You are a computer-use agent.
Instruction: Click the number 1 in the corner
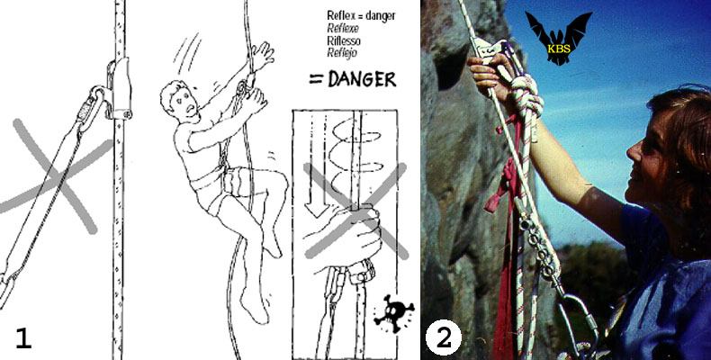click(x=23, y=338)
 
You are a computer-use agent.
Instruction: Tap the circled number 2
click(x=444, y=337)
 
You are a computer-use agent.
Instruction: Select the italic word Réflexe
click(x=343, y=28)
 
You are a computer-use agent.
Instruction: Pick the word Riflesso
click(x=344, y=40)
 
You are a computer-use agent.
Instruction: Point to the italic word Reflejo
click(x=342, y=52)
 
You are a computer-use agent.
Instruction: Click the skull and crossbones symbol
click(x=393, y=313)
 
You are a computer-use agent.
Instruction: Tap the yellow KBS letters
click(x=559, y=48)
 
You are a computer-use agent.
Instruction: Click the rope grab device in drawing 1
click(x=120, y=88)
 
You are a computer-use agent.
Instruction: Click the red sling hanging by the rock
click(x=505, y=236)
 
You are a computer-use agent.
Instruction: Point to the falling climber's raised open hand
click(x=263, y=56)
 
